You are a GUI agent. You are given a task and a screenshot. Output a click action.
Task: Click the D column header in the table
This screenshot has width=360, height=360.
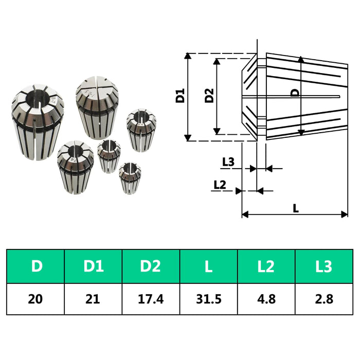pyautogui.click(x=35, y=266)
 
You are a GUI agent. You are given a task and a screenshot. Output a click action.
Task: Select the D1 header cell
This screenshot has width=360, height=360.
pyautogui.click(x=93, y=266)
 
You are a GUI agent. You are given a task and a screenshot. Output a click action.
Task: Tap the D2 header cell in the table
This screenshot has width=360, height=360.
pyautogui.click(x=151, y=266)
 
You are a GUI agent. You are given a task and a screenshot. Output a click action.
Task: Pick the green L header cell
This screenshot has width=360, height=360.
pyautogui.click(x=208, y=266)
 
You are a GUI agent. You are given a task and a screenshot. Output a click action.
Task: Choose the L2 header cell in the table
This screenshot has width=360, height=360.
pyautogui.click(x=266, y=266)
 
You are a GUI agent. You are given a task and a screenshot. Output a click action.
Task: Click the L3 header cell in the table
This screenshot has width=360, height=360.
pyautogui.click(x=324, y=266)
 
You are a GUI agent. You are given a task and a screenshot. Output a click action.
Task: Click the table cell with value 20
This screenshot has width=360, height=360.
pyautogui.click(x=35, y=299)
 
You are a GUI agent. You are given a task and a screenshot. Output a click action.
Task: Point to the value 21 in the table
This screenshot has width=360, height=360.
pyautogui.click(x=93, y=299)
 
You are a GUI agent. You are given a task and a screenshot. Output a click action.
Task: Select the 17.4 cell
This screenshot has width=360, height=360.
pyautogui.click(x=151, y=299)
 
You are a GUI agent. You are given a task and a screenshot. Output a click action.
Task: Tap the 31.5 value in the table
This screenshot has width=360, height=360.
pyautogui.click(x=208, y=299)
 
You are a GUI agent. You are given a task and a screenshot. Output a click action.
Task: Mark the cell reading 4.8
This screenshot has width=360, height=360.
pyautogui.click(x=266, y=299)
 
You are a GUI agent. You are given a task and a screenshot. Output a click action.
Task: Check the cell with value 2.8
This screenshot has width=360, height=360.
pyautogui.click(x=324, y=299)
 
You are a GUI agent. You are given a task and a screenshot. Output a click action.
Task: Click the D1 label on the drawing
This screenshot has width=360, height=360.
pyautogui.click(x=180, y=96)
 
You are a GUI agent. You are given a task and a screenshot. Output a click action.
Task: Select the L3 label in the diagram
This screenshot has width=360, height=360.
pyautogui.click(x=228, y=161)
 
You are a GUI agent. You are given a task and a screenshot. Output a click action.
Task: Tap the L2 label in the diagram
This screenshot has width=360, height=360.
pyautogui.click(x=220, y=184)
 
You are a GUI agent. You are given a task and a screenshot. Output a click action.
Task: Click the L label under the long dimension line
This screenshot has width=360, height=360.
pyautogui.click(x=295, y=208)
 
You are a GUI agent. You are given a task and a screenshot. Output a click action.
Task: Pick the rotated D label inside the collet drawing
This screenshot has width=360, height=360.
pyautogui.click(x=295, y=93)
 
